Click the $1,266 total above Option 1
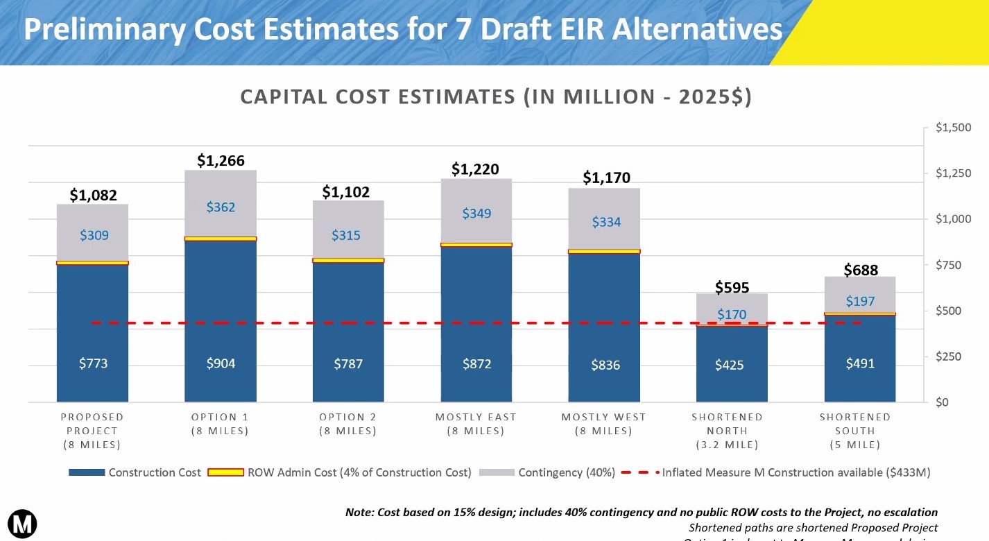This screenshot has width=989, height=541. point(221,161)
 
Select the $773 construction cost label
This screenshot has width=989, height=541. point(93,363)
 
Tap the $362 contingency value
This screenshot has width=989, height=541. point(221,207)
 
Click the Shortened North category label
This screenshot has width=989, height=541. point(727,431)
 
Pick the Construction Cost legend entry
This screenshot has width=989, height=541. point(154,472)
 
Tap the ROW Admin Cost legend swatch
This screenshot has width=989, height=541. point(225,472)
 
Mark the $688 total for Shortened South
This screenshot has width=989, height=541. point(861,270)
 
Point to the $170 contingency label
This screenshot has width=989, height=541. point(732,314)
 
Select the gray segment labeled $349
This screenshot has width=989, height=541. point(476,213)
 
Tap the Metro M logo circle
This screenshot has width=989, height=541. point(22,523)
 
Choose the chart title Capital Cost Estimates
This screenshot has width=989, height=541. point(495,97)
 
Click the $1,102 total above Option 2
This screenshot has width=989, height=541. point(346,191)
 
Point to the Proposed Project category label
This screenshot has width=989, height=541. point(92,431)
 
